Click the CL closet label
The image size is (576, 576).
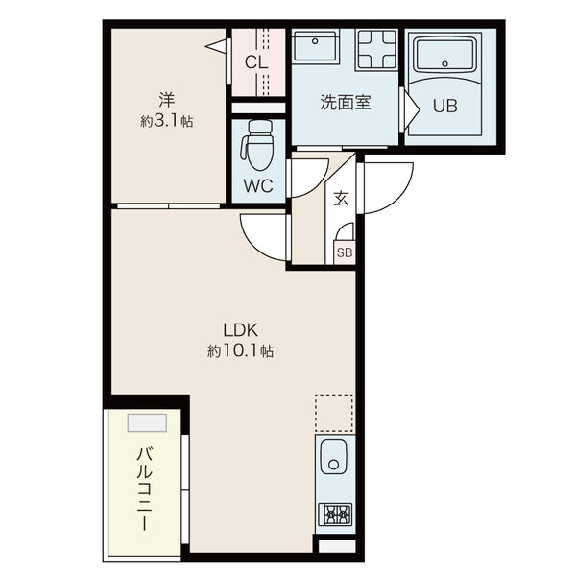point(255,62)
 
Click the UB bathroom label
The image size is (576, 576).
point(444,106)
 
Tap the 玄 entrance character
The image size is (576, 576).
point(341,199)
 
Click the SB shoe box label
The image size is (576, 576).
point(343,252)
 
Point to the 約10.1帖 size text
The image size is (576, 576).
point(240,351)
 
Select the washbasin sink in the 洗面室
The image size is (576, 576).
point(314,48)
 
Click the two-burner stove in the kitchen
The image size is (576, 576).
point(335,514)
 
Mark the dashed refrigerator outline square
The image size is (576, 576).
point(334,413)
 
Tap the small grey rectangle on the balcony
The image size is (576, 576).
point(147,422)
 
